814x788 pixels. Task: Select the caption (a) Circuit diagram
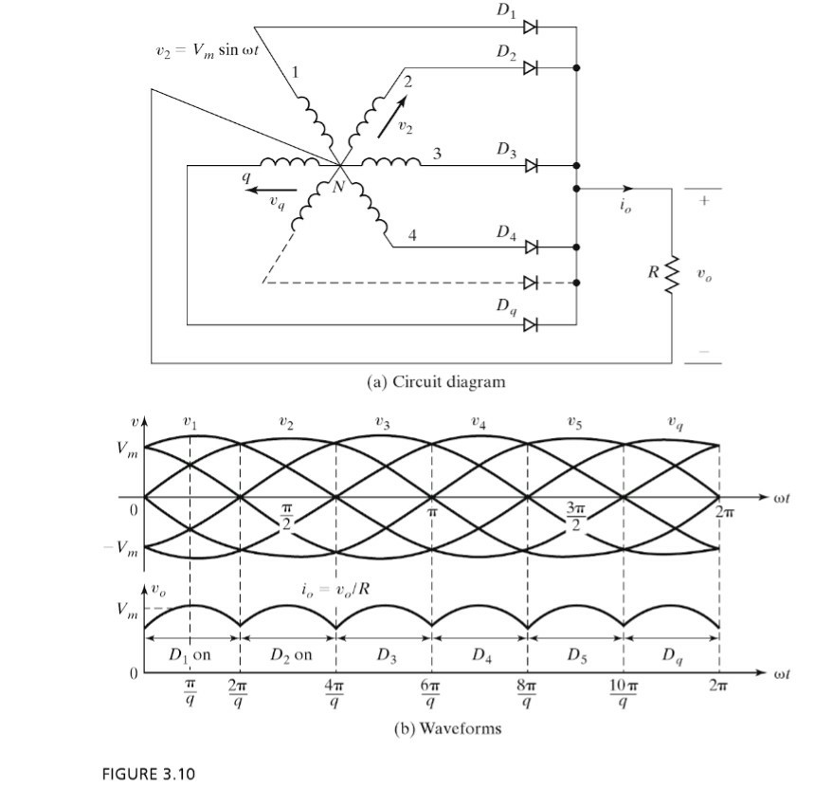click(436, 382)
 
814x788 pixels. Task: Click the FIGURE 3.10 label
click(148, 774)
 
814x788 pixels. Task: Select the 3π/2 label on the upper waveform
click(573, 518)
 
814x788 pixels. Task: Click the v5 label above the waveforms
click(575, 426)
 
